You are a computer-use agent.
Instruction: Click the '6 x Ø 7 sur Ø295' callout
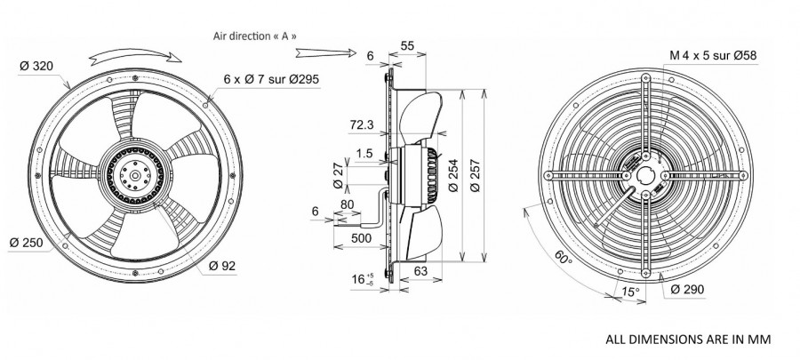click(x=273, y=79)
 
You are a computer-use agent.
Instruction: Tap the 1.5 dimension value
click(x=365, y=153)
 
